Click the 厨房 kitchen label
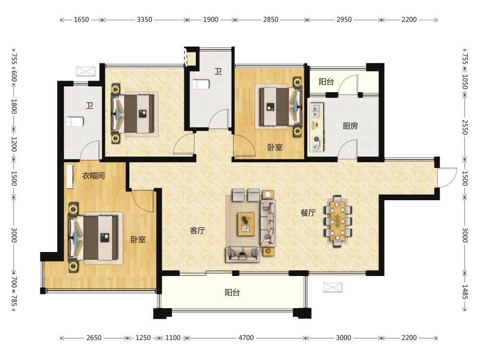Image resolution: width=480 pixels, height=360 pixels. [350, 126]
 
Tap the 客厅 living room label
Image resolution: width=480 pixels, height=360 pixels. [197, 230]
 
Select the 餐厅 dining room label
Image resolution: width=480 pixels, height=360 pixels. [308, 213]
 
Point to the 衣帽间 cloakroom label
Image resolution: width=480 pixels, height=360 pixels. [94, 176]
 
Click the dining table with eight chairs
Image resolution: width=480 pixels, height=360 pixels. [337, 221]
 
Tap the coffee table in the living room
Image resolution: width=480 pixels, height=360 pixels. [246, 224]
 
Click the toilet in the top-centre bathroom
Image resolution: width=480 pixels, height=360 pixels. [201, 84]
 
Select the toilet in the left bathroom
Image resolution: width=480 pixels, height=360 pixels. [75, 121]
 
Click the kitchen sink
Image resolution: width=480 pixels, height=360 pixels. [316, 111]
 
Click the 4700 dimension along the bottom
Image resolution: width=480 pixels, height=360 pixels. [246, 337]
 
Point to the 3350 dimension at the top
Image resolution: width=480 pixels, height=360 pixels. [144, 20]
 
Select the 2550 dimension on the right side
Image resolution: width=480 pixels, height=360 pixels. [465, 127]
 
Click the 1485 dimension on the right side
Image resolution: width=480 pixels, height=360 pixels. [465, 292]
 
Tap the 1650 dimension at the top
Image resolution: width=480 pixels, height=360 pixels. [82, 20]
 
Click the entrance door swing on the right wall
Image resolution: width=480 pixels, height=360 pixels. [447, 178]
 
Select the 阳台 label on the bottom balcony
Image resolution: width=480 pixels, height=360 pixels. [232, 292]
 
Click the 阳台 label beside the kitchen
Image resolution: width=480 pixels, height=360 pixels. [326, 82]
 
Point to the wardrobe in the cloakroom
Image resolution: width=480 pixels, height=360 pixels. [70, 177]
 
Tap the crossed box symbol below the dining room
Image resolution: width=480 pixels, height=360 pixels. [333, 288]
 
